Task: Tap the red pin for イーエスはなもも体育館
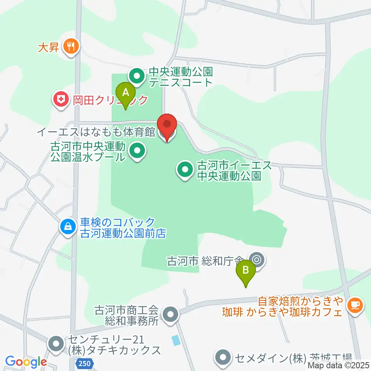(x=167, y=126)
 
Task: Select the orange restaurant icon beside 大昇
(x=71, y=46)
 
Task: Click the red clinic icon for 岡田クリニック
(x=60, y=100)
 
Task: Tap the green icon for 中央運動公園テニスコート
(x=136, y=76)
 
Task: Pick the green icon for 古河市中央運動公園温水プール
(x=136, y=151)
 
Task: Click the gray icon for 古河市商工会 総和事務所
(x=170, y=315)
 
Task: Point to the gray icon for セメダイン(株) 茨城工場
(x=223, y=357)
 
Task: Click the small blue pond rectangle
(x=176, y=340)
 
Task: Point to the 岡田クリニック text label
(x=111, y=100)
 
